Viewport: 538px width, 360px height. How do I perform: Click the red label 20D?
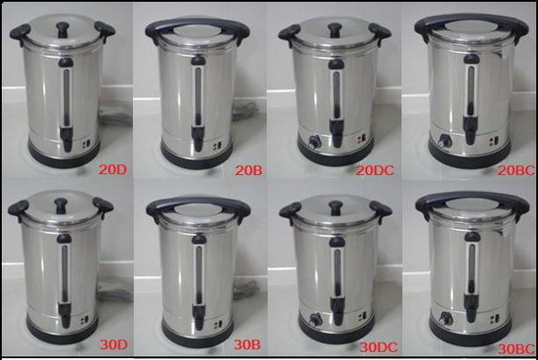tap(112, 169)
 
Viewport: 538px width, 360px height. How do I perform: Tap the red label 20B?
tap(248, 170)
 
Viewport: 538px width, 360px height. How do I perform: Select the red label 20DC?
tap(375, 170)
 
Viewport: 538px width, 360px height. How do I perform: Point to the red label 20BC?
tap(516, 170)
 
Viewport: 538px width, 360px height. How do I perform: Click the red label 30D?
tap(113, 344)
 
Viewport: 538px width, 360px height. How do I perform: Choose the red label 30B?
tap(247, 344)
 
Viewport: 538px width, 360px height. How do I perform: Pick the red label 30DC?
tap(379, 347)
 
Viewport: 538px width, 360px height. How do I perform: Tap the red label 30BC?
tap(516, 348)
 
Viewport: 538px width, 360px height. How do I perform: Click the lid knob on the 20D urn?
tap(63, 29)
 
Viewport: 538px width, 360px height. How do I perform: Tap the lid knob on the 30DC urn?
tap(336, 207)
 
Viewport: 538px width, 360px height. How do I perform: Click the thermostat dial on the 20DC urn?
tap(314, 142)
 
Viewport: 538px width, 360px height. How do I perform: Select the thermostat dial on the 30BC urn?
tap(446, 319)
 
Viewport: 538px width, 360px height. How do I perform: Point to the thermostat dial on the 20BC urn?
tap(445, 141)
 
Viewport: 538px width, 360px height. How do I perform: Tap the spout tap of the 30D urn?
tap(65, 314)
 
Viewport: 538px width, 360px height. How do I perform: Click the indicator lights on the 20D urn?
tap(86, 145)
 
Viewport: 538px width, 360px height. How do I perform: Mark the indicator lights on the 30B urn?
tap(218, 325)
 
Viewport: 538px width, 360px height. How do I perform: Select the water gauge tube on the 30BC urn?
tap(471, 269)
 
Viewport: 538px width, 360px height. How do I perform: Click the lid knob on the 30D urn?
tap(61, 205)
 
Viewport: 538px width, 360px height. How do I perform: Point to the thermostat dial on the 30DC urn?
tap(314, 320)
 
